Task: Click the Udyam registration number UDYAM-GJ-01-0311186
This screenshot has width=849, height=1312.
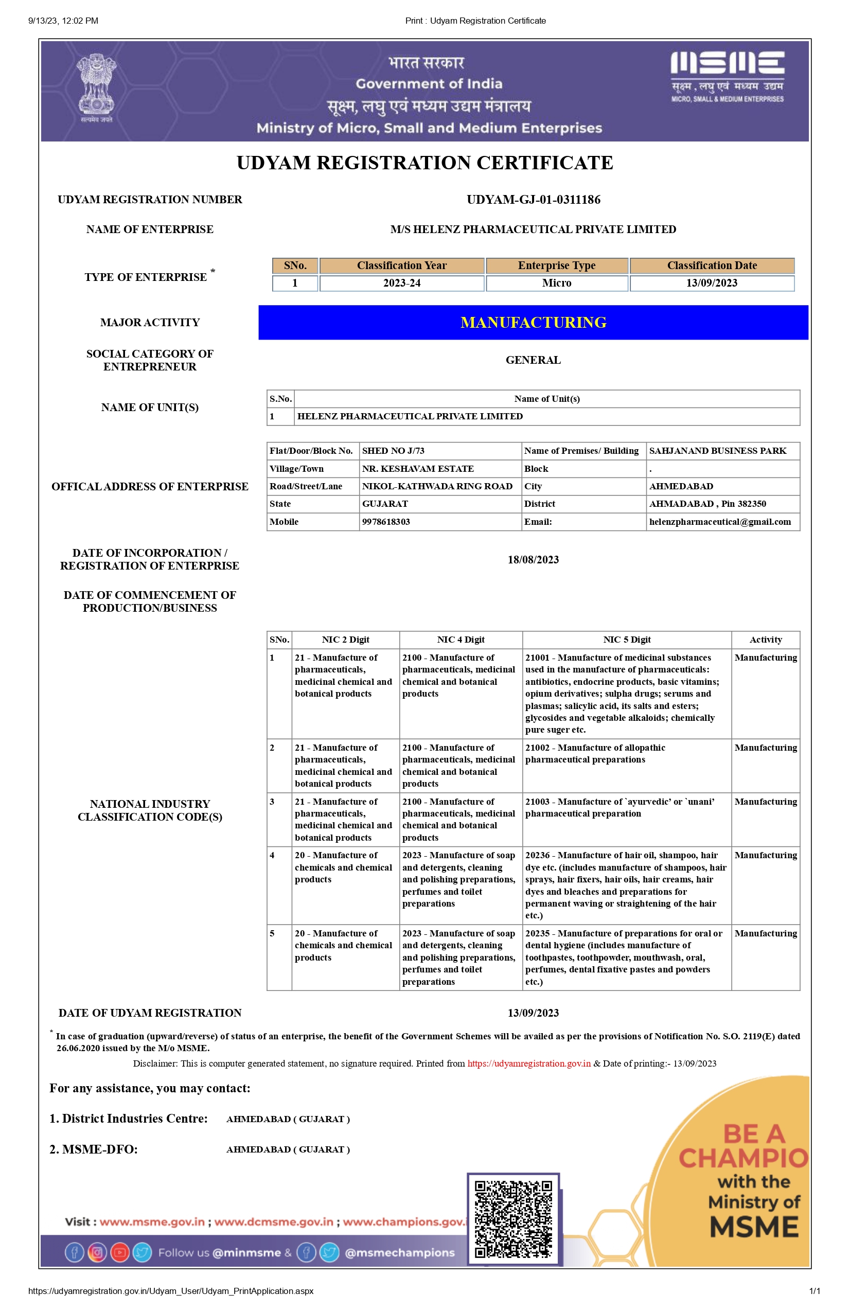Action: (533, 200)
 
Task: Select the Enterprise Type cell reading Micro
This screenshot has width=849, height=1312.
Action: (556, 283)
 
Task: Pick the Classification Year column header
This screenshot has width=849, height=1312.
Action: (401, 265)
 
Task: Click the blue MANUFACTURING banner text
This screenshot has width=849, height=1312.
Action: (533, 323)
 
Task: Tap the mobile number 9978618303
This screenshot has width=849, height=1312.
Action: (386, 522)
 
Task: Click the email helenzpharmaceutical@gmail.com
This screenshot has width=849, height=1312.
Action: (719, 522)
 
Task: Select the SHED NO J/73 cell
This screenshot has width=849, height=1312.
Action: (393, 451)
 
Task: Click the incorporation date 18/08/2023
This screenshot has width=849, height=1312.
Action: (533, 560)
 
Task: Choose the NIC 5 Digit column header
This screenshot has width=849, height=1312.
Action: (626, 640)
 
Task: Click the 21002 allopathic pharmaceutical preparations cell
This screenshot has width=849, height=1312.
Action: (595, 754)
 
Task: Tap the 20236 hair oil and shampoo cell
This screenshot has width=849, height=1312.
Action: (625, 885)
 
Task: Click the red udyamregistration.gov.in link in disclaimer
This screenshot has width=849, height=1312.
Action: (529, 1063)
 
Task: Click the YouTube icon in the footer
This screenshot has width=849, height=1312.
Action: (119, 1252)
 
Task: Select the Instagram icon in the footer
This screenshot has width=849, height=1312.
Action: (97, 1252)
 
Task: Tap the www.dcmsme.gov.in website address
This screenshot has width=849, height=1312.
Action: (273, 1221)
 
